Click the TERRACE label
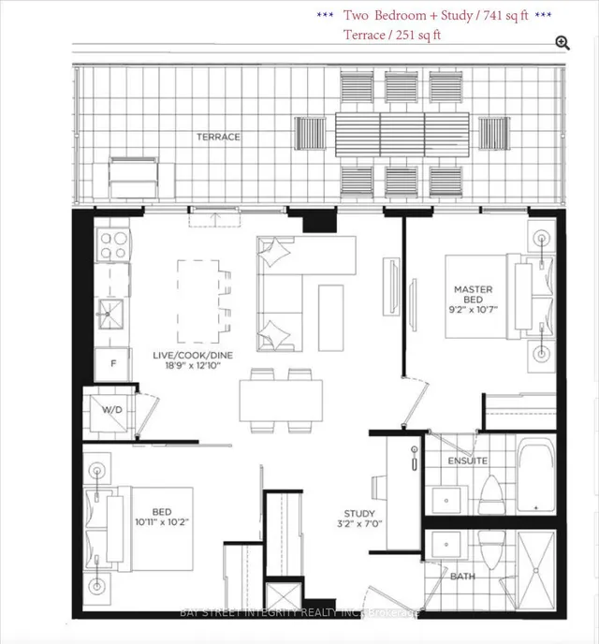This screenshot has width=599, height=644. click(x=218, y=137)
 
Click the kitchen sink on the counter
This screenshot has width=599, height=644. click(x=111, y=315)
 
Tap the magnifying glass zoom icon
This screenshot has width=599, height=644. click(x=562, y=42)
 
